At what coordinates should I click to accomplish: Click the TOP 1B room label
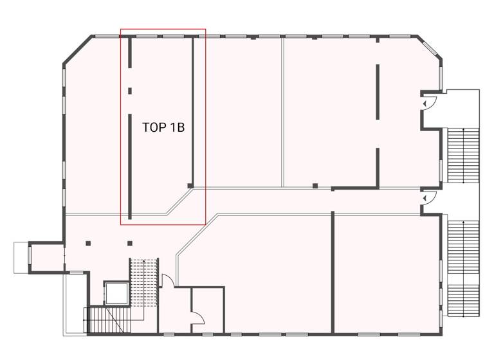point(163,127)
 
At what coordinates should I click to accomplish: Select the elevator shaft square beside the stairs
point(116,293)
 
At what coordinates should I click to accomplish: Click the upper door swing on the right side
point(428,103)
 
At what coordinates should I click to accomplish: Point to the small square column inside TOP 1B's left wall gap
point(129,91)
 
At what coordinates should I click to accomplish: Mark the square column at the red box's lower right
point(190,186)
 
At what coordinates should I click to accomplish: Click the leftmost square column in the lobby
point(88,243)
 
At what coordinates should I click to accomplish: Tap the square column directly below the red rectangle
point(129,243)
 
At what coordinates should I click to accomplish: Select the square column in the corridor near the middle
point(315,186)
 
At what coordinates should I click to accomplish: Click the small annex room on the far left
point(46,256)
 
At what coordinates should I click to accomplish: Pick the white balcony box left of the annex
point(21,256)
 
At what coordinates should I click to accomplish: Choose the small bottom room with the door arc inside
point(207,310)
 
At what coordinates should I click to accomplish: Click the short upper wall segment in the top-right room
point(378,91)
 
